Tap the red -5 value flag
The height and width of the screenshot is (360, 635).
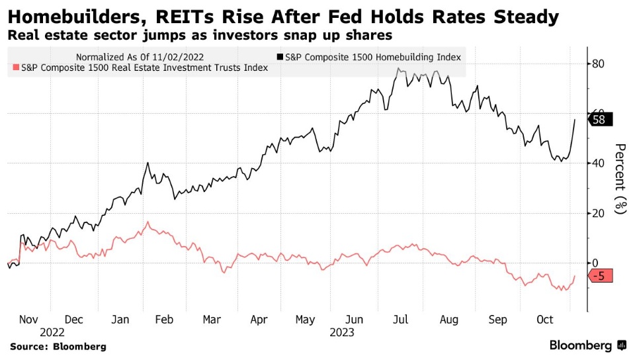coord(602,276)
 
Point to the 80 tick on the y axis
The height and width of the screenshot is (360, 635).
coord(599,64)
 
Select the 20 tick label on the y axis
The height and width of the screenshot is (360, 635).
coord(599,213)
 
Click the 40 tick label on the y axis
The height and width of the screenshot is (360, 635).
coord(599,163)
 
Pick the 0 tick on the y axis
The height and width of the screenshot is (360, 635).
coord(595,263)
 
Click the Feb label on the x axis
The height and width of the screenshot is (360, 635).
coord(164,320)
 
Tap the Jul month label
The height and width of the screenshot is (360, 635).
coord(402,320)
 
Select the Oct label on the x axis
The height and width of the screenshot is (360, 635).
coord(544,320)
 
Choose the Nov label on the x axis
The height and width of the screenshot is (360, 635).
coord(28,320)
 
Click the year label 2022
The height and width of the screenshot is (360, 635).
coord(52,332)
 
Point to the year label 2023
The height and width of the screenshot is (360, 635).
coord(342,332)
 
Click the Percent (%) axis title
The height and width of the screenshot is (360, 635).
coord(620,179)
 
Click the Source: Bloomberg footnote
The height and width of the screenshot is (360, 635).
coord(58,346)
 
